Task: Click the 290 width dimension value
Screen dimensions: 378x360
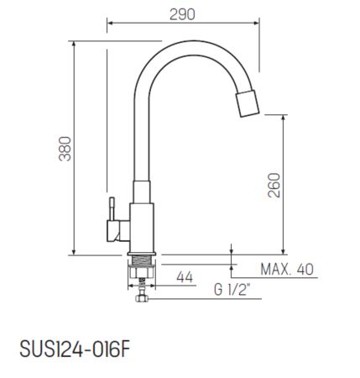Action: coord(182,14)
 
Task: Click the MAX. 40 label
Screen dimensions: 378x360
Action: coord(287,270)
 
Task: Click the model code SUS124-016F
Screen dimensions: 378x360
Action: coord(73,347)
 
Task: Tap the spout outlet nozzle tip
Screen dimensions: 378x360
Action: coord(249,104)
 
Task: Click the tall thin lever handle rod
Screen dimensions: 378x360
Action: coord(107,126)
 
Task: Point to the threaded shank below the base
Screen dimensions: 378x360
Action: coord(140,273)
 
